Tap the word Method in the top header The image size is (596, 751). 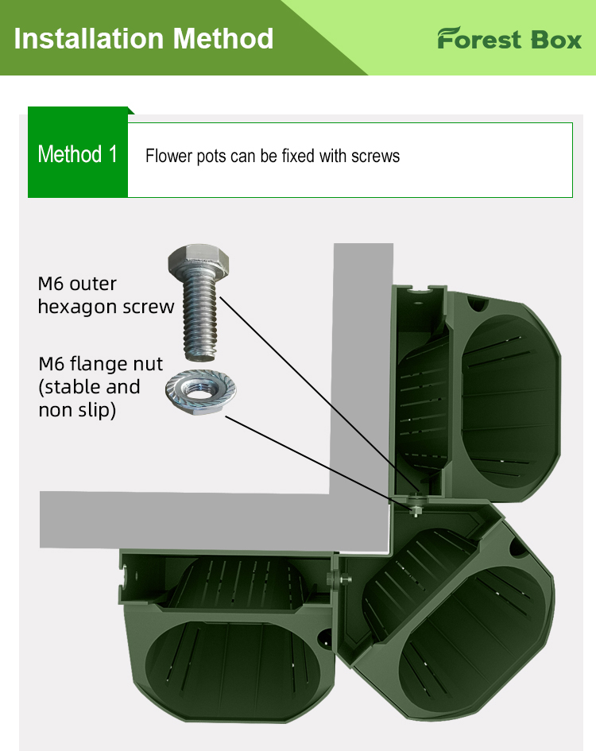point(223,38)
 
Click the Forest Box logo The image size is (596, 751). point(509,39)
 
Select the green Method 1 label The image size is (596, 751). point(78,154)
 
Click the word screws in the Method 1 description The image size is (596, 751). point(373,156)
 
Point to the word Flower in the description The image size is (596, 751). point(165,156)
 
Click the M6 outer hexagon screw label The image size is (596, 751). point(105,295)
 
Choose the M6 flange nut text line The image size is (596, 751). point(101,364)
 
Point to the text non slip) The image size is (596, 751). point(77,410)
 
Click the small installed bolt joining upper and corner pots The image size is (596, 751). point(416,506)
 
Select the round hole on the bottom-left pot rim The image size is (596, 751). point(325,637)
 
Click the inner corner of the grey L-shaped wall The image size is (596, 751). point(332,492)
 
